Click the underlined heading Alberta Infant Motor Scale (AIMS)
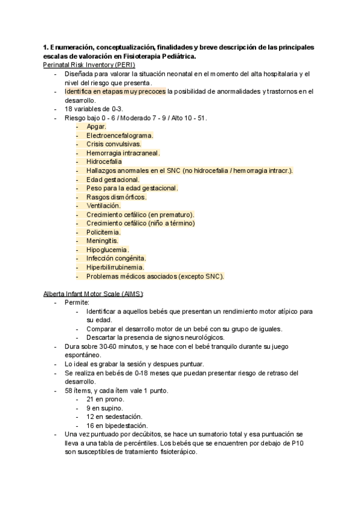tap(94, 293)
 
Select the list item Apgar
tap(96, 126)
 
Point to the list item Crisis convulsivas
tap(113, 144)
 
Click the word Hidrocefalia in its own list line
tap(104, 161)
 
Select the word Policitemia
tap(103, 232)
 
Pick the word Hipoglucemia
tap(107, 250)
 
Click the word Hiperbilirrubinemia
tap(115, 267)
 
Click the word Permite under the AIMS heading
tap(77, 303)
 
